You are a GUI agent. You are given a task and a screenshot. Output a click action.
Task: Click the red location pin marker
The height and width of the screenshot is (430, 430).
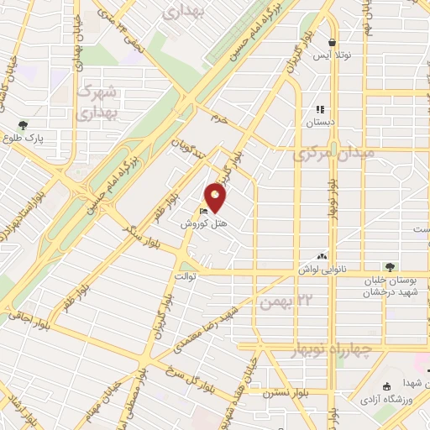(217, 197)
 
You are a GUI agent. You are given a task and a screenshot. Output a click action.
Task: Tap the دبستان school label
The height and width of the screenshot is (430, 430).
(319, 121)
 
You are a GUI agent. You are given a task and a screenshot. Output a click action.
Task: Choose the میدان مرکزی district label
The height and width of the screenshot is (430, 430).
(327, 155)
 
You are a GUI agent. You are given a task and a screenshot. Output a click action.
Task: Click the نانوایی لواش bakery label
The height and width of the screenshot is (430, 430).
(321, 269)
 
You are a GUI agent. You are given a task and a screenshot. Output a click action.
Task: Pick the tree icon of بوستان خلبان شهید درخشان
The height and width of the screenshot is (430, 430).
(387, 267)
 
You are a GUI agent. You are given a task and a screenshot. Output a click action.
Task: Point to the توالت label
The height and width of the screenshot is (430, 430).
(184, 275)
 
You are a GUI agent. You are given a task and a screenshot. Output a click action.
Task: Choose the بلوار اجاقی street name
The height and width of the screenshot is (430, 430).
(22, 317)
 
